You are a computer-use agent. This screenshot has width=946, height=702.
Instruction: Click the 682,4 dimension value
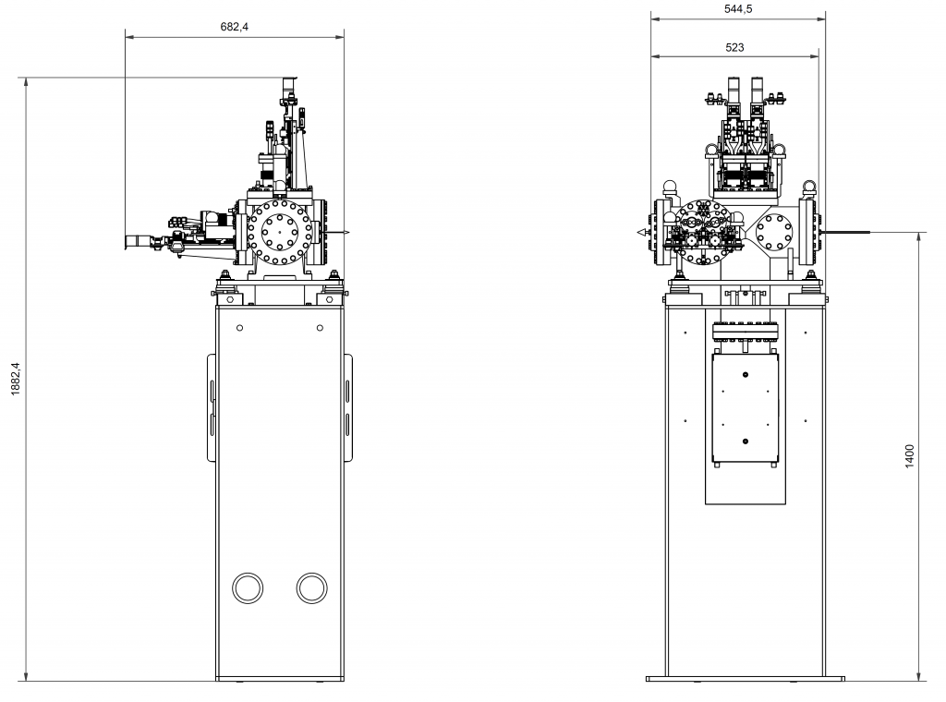click(234, 27)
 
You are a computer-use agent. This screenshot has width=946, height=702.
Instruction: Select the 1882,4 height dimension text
click(16, 379)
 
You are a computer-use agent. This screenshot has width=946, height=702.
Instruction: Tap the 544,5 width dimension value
click(738, 9)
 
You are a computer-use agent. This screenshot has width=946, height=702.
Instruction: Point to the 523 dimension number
click(734, 48)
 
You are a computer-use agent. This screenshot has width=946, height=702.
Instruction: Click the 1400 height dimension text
click(910, 456)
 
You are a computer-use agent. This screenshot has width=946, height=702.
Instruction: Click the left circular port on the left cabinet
click(248, 587)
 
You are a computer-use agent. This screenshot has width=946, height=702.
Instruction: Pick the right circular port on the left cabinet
click(312, 587)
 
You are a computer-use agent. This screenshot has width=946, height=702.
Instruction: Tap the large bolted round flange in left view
click(280, 232)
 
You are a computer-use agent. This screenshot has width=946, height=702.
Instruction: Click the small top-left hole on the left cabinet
click(239, 328)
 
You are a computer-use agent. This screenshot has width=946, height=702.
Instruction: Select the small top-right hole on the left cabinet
click(320, 328)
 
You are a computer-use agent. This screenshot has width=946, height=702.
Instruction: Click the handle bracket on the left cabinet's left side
click(212, 407)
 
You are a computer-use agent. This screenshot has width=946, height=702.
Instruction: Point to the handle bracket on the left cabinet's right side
click(348, 407)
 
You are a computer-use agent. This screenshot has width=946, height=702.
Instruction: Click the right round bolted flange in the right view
click(774, 232)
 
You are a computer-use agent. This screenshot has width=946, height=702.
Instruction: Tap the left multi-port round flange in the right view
click(703, 232)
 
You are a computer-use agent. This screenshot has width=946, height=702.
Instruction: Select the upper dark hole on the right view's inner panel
click(746, 375)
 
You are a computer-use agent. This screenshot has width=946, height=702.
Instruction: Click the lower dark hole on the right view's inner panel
click(746, 442)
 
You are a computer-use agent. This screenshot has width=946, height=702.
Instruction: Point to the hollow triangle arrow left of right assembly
click(641, 232)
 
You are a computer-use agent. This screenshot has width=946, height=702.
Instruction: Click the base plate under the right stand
click(746, 679)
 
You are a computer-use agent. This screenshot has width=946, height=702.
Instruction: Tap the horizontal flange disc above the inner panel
click(746, 332)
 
